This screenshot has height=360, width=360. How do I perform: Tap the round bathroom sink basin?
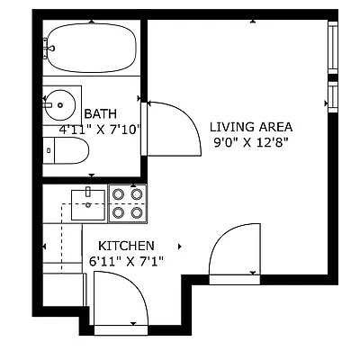(59, 104)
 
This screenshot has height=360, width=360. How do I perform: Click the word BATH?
(99, 114)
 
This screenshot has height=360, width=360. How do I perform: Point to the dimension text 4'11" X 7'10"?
(100, 130)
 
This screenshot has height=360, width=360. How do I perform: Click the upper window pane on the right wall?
(332, 50)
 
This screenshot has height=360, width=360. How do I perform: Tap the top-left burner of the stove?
(118, 193)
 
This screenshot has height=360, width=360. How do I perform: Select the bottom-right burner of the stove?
(137, 213)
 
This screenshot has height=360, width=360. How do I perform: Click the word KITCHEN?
(126, 246)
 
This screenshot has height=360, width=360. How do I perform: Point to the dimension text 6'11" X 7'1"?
(126, 261)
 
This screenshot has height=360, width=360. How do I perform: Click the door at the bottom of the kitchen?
(117, 301)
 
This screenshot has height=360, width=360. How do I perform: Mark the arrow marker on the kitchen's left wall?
(44, 246)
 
